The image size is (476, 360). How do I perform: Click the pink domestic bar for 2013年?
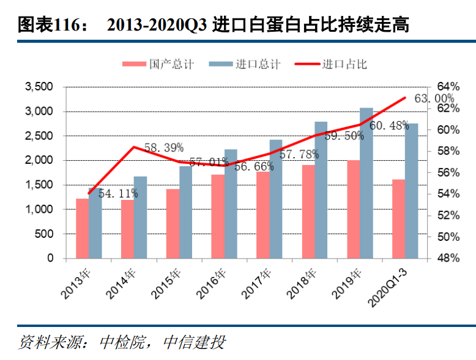click(82, 228)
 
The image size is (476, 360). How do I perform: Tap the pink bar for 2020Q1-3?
click(398, 218)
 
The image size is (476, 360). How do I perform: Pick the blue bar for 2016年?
click(231, 204)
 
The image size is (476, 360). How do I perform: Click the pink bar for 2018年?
click(308, 211)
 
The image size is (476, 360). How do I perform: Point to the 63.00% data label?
click(434, 98)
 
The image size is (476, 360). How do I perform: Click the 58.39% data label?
click(164, 148)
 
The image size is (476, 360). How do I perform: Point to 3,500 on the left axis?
click(39, 87)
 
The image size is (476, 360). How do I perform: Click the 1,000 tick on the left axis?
click(39, 209)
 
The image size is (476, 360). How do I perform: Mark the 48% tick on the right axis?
click(447, 258)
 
